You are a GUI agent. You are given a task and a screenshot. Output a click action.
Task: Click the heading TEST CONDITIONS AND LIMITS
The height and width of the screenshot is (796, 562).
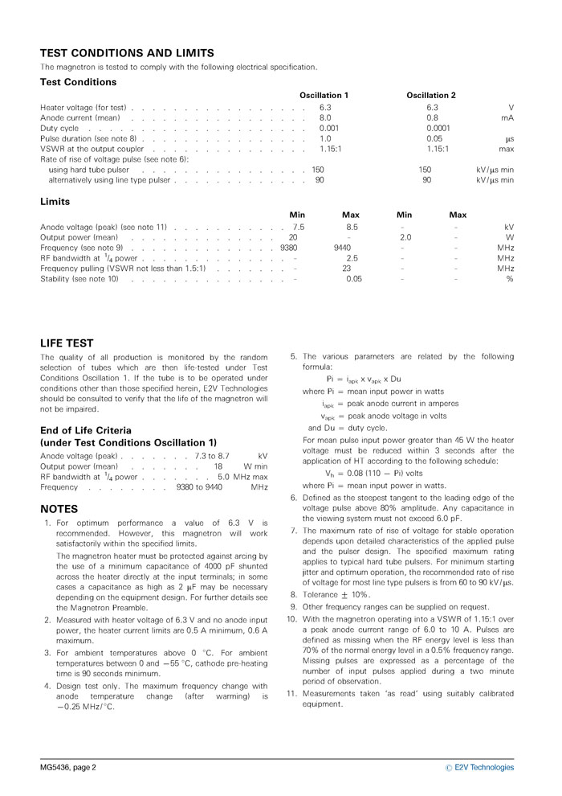point(127,53)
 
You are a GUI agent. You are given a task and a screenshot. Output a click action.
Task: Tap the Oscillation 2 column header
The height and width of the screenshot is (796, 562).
point(431,96)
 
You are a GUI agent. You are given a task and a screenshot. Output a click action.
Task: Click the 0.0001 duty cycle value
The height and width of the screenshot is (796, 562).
point(438,128)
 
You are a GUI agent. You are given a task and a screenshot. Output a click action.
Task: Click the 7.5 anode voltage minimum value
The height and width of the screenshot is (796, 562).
point(299,228)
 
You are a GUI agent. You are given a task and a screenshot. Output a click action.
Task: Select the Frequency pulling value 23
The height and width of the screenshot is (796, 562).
point(347,269)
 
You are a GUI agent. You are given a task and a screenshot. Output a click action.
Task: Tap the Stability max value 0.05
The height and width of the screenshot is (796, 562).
point(353,279)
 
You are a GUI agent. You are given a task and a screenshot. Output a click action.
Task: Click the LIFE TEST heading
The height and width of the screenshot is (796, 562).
point(67,342)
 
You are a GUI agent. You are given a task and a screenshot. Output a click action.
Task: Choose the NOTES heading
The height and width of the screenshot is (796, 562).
point(59,509)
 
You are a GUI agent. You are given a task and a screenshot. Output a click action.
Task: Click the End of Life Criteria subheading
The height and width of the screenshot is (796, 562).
point(86,430)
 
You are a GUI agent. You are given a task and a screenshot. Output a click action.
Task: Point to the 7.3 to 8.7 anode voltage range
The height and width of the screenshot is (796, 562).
point(212,456)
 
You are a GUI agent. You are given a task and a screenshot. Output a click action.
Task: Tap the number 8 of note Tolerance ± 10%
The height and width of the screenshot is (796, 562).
point(293,594)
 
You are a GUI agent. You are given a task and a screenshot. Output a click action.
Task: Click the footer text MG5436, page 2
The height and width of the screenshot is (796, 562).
point(68,767)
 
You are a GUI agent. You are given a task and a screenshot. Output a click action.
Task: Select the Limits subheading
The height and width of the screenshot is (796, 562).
point(55,202)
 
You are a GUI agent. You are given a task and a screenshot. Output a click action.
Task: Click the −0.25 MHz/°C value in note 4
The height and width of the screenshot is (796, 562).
point(85,707)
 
